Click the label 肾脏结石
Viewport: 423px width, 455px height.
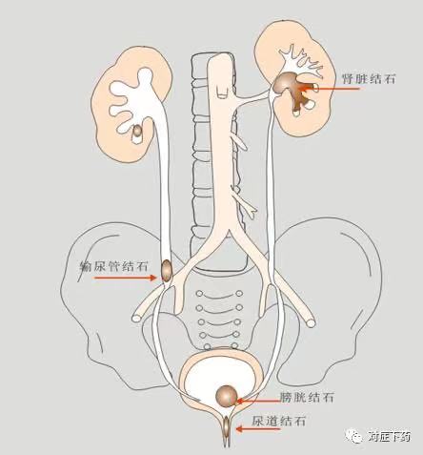(369, 78)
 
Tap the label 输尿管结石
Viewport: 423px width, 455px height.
(113, 266)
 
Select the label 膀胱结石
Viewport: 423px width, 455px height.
(307, 397)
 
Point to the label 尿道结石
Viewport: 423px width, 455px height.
(279, 421)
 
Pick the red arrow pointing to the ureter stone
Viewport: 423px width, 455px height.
(126, 278)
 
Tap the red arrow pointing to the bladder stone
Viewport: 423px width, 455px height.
(258, 401)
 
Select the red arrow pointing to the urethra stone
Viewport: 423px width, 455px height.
(258, 429)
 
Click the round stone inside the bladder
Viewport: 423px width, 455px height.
(227, 396)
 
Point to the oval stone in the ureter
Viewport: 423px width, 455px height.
(167, 270)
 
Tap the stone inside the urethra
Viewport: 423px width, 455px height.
(227, 427)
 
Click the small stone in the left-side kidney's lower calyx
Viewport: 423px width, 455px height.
(137, 131)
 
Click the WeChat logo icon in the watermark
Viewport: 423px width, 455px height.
(354, 436)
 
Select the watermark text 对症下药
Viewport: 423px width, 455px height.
(389, 437)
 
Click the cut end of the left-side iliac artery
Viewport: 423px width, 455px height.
(137, 318)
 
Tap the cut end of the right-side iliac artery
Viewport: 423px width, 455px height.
(311, 323)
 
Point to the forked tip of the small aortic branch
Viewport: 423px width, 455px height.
(253, 211)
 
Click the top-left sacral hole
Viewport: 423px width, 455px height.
(199, 293)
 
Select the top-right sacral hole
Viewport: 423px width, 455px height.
(239, 293)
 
